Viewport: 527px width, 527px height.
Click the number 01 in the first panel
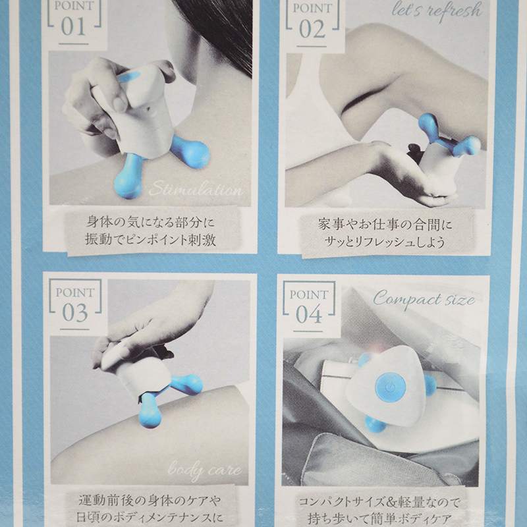pos(73,27)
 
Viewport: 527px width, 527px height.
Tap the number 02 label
pos(312,29)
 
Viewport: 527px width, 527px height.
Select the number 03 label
pos(75,313)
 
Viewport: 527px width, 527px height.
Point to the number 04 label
pos(309,315)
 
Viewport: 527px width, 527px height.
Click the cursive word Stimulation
pos(196,189)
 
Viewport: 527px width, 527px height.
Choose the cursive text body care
pos(204,470)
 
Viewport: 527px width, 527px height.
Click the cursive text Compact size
pos(424,299)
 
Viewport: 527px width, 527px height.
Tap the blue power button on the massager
pos(390,388)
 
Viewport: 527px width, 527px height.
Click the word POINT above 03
pos(75,292)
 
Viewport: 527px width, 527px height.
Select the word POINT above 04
pos(309,294)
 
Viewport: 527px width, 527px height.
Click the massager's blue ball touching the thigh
pos(150,410)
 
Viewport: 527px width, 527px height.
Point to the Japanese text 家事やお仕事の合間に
pos(385,225)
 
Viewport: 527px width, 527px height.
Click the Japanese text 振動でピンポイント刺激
pos(150,240)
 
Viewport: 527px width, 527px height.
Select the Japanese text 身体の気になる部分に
pos(150,222)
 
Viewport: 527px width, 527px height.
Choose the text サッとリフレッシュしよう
pos(385,242)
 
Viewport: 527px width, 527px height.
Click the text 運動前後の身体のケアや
pos(150,501)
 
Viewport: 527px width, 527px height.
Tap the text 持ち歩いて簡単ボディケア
pos(379,519)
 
